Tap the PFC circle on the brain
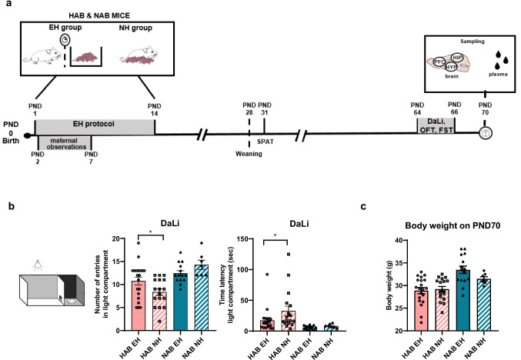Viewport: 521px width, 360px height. coord(439,62)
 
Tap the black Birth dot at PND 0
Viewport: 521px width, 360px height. coord(28,135)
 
